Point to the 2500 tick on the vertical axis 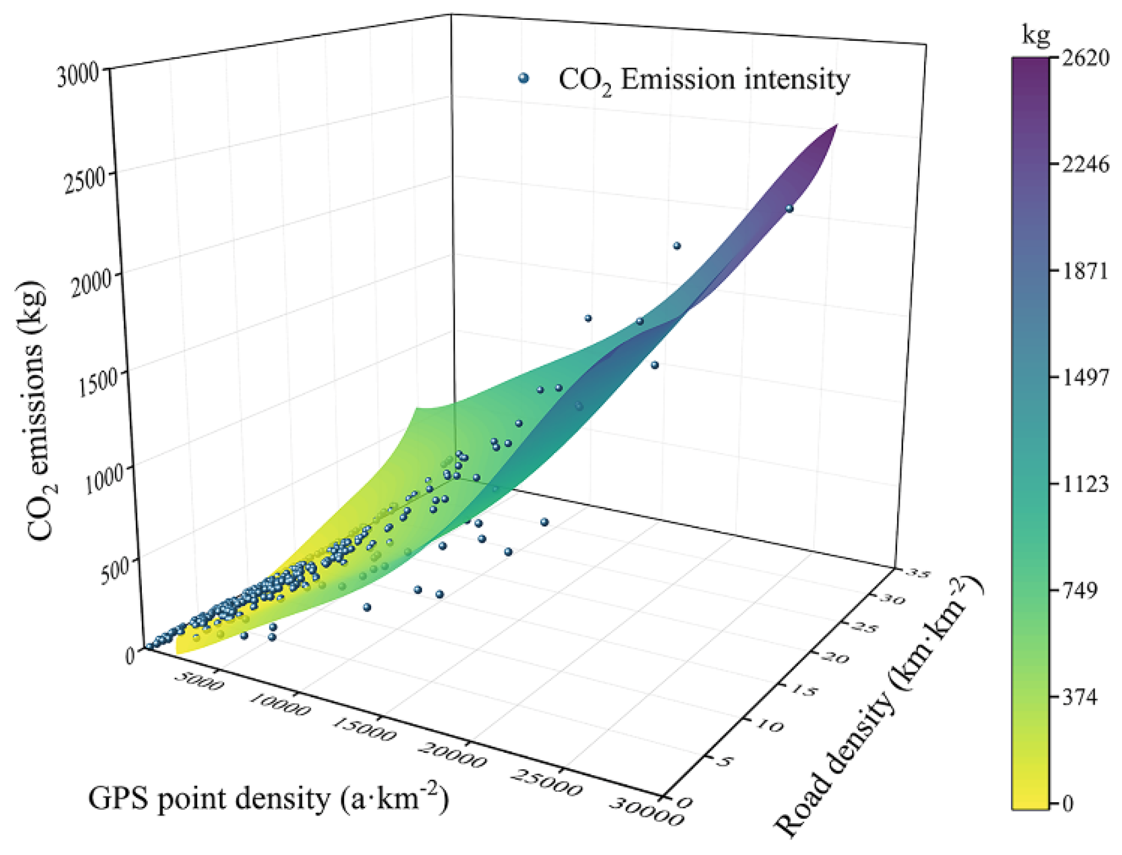pos(84,179)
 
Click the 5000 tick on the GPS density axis pos(199,681)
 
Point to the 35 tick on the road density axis pos(918,573)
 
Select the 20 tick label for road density pos(836,657)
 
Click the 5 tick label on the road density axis pos(725,761)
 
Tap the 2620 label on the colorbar pos(1085,57)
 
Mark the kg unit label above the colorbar pos(1036,36)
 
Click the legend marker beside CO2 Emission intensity pos(523,79)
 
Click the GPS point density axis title pos(268,798)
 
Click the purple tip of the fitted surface pos(836,126)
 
